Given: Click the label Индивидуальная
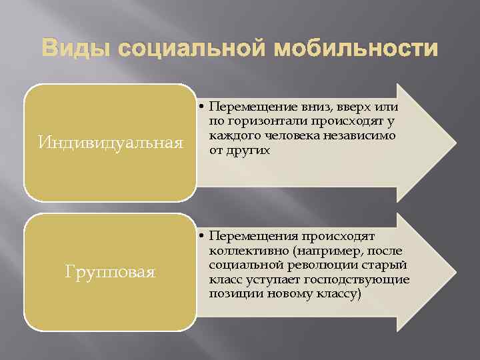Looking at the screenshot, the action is [111, 143].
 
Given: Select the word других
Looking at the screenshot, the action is [248, 150].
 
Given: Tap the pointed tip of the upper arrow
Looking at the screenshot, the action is [455, 143].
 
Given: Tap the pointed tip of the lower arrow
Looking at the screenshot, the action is [455, 272].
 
